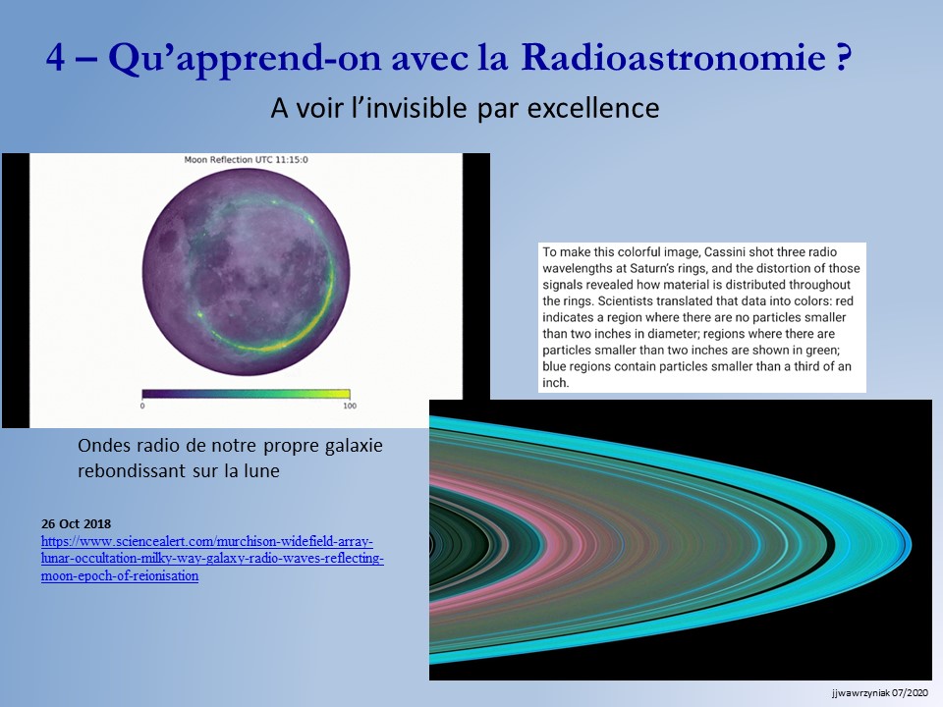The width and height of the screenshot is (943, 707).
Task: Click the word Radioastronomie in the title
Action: (673, 58)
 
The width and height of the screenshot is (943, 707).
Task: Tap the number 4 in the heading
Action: (55, 59)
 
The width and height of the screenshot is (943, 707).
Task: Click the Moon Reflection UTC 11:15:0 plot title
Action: (246, 160)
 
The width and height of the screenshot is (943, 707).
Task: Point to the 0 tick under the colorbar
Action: (141, 406)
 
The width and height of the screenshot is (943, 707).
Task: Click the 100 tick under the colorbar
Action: (350, 406)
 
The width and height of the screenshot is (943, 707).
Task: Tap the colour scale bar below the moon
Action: (246, 394)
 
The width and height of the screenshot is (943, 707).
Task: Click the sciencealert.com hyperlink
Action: (212, 559)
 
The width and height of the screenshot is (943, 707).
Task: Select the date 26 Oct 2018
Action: (77, 523)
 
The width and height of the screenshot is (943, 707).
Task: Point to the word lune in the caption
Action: (261, 470)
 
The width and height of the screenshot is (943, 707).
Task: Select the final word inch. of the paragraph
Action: (556, 383)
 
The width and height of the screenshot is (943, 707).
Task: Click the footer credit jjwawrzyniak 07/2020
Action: (880, 693)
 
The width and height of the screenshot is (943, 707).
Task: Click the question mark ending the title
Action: (843, 58)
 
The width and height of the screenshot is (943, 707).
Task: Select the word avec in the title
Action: (429, 59)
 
